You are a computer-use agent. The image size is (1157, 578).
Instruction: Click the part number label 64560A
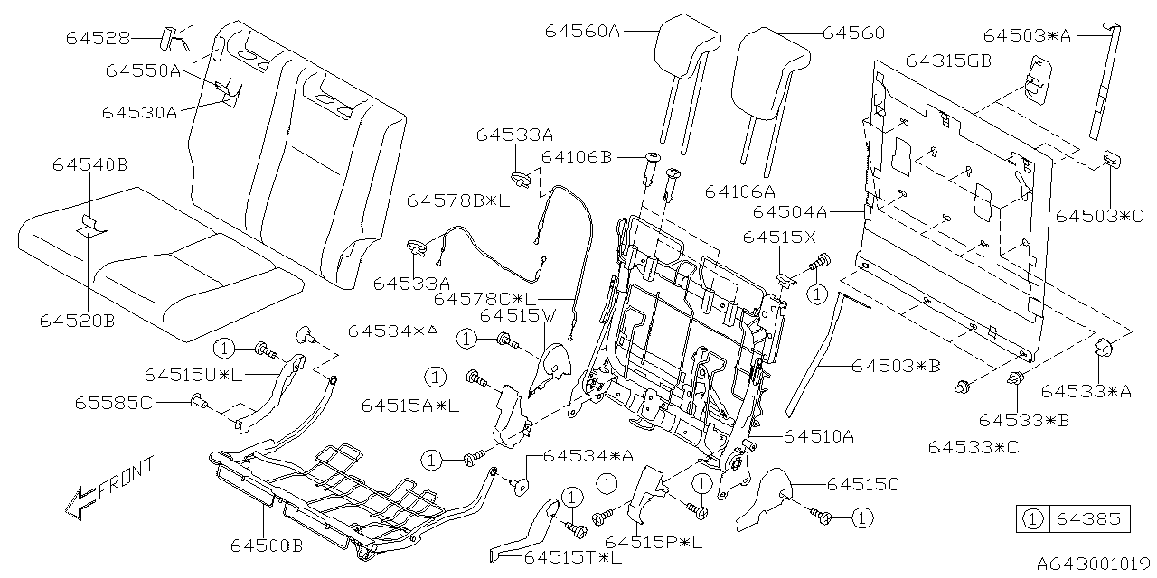click(582, 31)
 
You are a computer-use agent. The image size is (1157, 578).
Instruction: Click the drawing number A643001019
click(1089, 564)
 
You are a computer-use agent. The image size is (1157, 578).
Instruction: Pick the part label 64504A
click(791, 211)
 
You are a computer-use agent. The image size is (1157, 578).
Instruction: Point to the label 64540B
click(89, 164)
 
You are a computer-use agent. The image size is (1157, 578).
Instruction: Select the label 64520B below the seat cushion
click(77, 319)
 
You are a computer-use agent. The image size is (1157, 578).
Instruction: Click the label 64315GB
click(948, 61)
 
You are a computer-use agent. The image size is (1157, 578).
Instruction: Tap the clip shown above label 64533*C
click(962, 387)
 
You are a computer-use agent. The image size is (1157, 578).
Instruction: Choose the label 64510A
click(819, 436)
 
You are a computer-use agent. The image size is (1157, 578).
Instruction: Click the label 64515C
click(862, 484)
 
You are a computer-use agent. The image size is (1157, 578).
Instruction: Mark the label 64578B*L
click(457, 200)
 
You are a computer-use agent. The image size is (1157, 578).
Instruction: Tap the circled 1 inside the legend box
click(1030, 519)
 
